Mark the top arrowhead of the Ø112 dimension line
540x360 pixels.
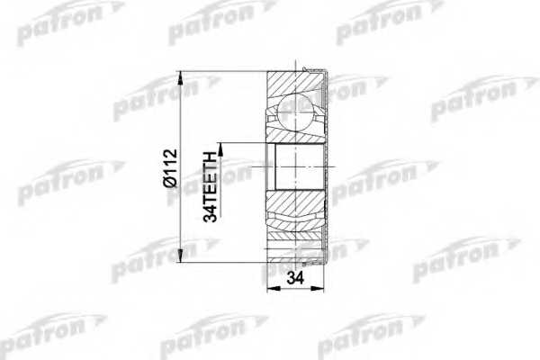[184, 75]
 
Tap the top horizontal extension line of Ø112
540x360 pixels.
[225, 70]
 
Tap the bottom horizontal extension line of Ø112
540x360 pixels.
[225, 262]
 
